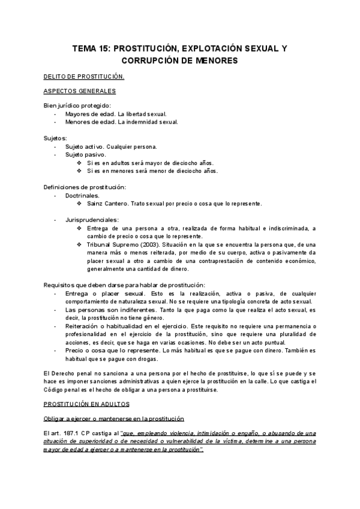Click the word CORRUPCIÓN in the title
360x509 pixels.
[151, 61]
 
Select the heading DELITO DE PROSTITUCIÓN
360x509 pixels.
[84, 77]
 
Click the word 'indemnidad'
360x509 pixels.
[139, 122]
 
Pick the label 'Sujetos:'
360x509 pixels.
[56, 138]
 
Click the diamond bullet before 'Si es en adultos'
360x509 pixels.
[80, 163]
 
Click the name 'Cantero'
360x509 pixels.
[117, 203]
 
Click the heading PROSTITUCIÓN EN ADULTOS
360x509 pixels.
[91, 405]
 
